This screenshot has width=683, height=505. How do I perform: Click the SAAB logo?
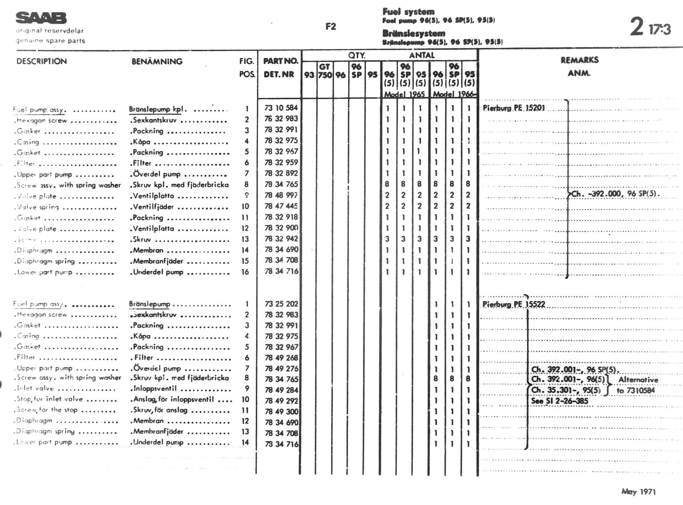coord(41,18)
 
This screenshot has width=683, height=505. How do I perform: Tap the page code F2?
coord(330,26)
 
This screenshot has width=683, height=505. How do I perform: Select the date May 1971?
coord(638,492)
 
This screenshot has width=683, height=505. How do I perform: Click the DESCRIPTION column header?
coord(42,61)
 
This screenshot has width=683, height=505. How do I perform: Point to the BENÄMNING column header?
coord(157,61)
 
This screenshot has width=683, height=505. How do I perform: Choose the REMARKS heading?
coord(579,60)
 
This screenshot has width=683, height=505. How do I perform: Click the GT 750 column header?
coord(325,71)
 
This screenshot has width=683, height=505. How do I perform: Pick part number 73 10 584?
coord(281,108)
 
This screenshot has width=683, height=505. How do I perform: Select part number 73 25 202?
coord(281,304)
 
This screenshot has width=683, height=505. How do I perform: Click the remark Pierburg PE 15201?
coord(514,108)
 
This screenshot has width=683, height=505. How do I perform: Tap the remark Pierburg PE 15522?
coord(514,304)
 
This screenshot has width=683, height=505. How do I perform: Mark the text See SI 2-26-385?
coord(559,401)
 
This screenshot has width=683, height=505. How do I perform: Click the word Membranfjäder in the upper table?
coord(158,261)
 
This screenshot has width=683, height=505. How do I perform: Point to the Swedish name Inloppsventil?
coord(155,388)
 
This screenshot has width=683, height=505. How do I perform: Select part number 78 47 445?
coord(281,206)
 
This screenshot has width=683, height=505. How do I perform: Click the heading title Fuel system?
coord(408,12)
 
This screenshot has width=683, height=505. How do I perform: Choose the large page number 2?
coord(637,26)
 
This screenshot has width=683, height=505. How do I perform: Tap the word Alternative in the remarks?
coord(638,380)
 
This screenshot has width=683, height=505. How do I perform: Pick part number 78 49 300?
coord(281,411)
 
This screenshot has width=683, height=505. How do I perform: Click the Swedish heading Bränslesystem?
coord(414,33)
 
